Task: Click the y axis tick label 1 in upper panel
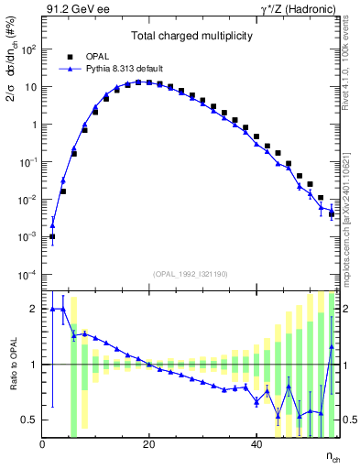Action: pyautogui.click(x=34, y=125)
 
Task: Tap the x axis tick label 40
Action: pyautogui.click(x=256, y=444)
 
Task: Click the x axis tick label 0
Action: pyautogui.click(x=43, y=444)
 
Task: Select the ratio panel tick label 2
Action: pyautogui.click(x=34, y=309)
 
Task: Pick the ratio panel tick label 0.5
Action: pyautogui.click(x=29, y=420)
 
